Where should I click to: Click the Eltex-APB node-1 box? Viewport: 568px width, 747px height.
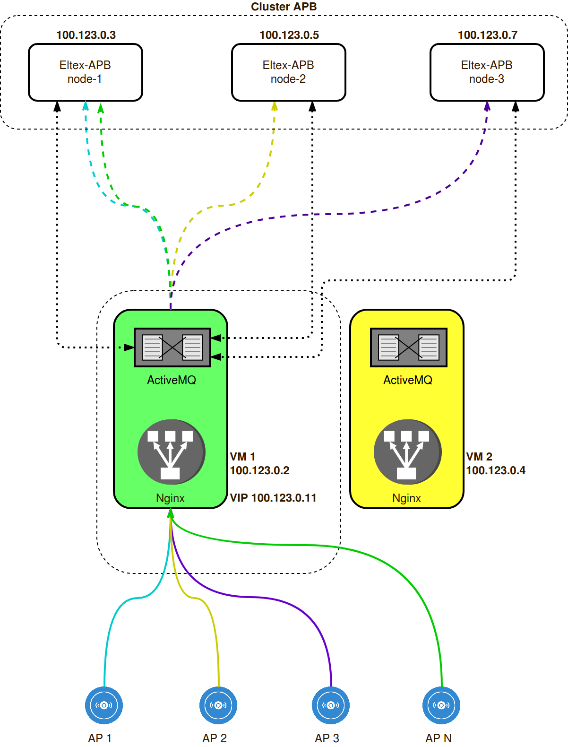86,72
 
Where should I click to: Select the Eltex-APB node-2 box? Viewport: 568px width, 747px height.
288,72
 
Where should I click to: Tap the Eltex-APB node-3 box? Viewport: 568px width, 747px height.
487,72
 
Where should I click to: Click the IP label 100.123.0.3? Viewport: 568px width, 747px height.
86,35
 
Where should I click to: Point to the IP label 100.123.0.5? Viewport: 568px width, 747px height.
289,35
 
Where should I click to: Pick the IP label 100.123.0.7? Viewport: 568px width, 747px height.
488,35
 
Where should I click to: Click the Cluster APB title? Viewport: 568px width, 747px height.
284,7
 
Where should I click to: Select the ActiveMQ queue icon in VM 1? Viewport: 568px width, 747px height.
172,347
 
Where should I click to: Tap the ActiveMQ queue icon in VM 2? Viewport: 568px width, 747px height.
409,347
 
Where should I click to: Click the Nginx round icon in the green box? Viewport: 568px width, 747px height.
171,452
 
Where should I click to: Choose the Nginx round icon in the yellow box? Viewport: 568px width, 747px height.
407,452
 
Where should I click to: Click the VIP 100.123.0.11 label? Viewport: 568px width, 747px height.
273,498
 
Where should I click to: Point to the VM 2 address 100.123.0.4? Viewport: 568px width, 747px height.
496,470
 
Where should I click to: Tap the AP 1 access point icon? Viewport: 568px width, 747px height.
104,705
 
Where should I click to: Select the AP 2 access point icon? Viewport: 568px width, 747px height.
218,705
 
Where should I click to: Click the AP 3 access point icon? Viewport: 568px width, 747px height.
331,705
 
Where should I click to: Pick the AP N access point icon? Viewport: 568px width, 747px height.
441,705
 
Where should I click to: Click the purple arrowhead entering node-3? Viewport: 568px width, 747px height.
487,106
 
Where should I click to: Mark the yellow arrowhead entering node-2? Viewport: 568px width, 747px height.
275,106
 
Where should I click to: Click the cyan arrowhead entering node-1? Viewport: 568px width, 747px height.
86,105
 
